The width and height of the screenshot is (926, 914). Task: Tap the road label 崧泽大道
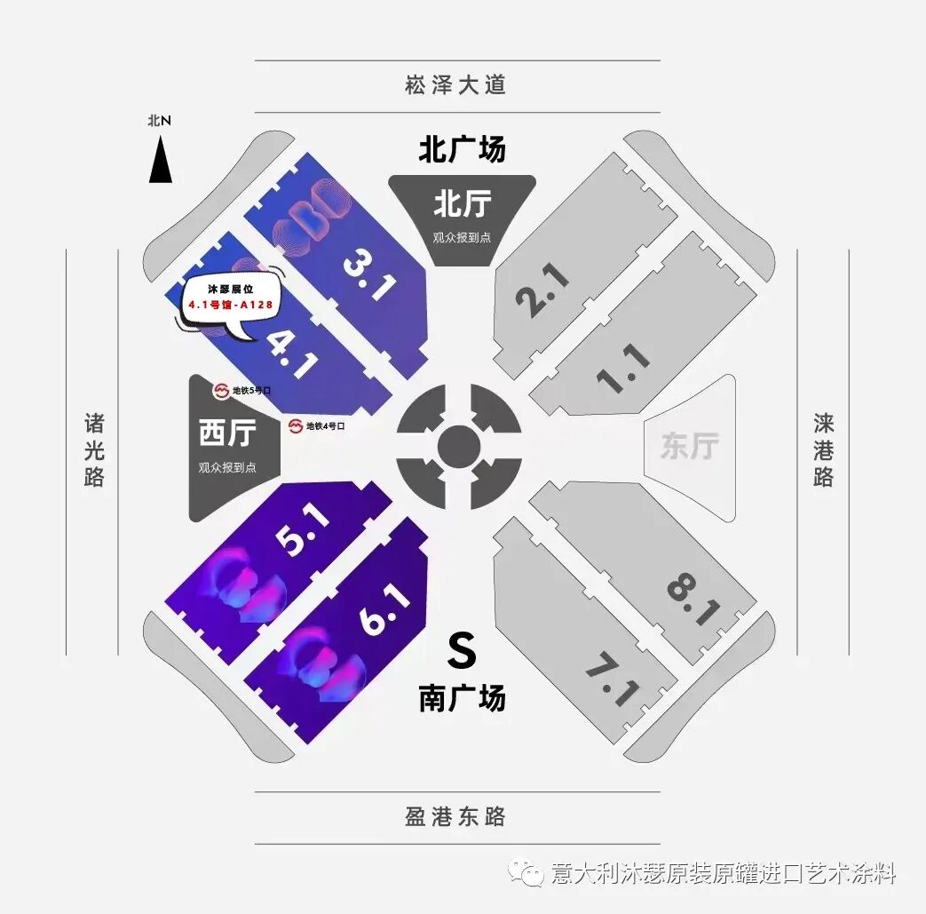point(455,85)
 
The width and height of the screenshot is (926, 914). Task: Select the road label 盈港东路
point(455,816)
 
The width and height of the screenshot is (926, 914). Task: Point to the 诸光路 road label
point(94,449)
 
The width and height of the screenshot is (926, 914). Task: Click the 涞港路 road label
point(823,449)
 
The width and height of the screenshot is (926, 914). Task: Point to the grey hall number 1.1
point(624,369)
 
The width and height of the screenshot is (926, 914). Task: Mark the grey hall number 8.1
point(692,599)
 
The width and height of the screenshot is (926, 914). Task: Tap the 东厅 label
point(689,446)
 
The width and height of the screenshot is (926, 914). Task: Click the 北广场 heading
point(462,149)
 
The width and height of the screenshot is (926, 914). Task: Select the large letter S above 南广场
point(462,651)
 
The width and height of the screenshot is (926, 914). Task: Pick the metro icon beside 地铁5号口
point(221,390)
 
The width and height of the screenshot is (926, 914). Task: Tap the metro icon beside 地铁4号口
point(295,426)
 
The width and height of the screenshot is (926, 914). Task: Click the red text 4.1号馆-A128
point(230,305)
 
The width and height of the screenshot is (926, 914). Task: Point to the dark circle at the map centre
point(458,445)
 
